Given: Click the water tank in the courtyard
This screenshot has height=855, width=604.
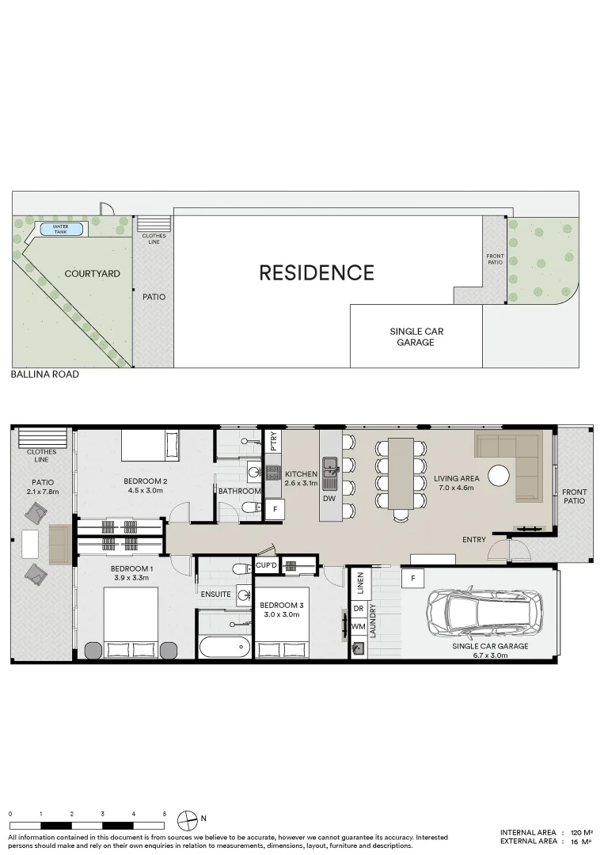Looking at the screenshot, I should (61, 229).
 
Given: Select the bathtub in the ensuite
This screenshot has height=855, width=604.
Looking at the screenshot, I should (224, 647).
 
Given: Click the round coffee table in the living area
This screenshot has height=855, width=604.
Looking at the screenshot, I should (499, 475).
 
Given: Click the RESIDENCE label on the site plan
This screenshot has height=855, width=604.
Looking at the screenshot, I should (317, 273).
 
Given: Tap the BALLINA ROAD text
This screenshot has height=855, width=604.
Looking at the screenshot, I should (45, 374).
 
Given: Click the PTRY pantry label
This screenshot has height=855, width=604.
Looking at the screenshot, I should (273, 439).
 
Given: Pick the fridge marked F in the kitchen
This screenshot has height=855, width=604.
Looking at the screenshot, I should (274, 509).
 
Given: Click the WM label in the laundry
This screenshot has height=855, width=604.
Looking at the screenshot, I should (357, 627).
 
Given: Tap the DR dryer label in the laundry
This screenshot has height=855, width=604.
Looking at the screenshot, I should (357, 609).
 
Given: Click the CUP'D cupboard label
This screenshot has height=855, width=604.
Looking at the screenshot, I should (266, 565).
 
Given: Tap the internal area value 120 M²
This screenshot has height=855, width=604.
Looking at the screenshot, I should (582, 832).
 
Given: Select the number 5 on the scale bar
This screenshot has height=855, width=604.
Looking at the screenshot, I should (164, 814).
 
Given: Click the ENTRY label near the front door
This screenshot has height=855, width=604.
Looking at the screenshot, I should (474, 540).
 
